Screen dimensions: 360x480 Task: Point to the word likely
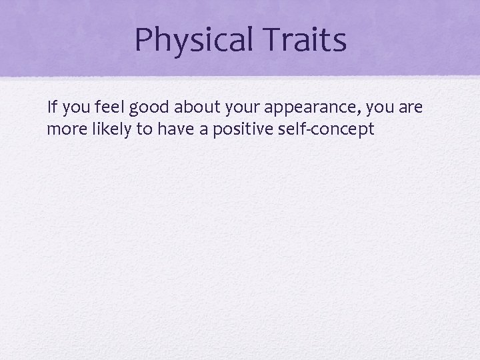tap(109, 129)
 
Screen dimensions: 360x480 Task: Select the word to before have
tap(145, 129)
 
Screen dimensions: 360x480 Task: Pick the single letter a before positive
tap(203, 129)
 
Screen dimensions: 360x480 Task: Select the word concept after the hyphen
tap(341, 130)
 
